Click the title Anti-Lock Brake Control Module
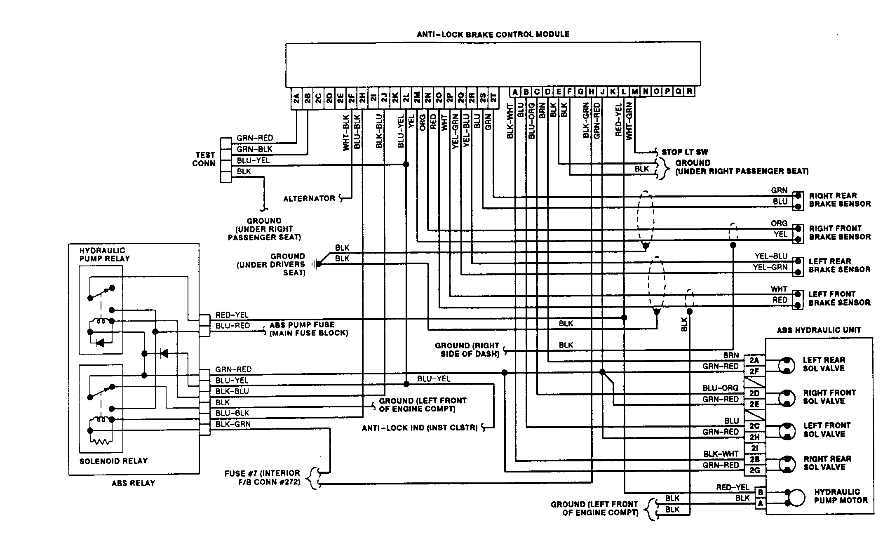click(x=493, y=35)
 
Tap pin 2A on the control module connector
click(x=296, y=99)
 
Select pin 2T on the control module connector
click(x=493, y=99)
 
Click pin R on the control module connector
click(x=689, y=92)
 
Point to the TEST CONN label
click(x=204, y=159)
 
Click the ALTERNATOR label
click(x=309, y=199)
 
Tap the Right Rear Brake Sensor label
click(x=839, y=200)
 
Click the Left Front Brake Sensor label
click(x=839, y=298)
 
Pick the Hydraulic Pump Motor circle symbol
click(x=797, y=498)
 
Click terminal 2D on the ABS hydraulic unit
click(x=754, y=393)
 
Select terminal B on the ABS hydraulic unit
click(x=761, y=492)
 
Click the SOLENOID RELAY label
click(x=113, y=461)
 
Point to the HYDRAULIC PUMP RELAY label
click(x=104, y=254)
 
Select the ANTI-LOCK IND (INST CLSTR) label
click(x=419, y=428)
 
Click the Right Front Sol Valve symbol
click(x=786, y=398)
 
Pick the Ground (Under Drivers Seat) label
click(x=271, y=264)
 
